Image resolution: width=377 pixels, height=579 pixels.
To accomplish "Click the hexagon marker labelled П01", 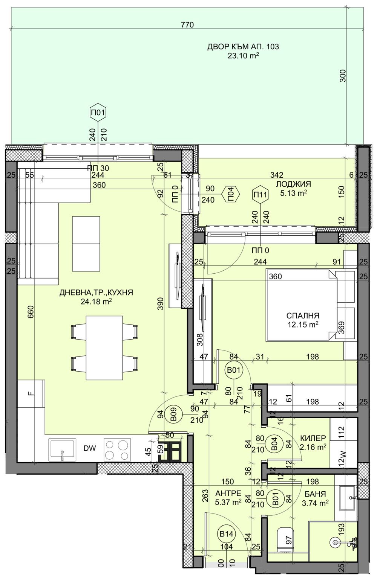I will (98, 112).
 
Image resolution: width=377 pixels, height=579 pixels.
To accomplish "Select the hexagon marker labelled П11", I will (261, 194).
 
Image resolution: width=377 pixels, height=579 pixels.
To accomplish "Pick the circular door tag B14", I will (226, 534).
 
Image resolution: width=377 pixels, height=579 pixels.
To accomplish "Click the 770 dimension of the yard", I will (187, 25).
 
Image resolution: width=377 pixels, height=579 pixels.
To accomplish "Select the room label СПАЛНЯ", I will (303, 315).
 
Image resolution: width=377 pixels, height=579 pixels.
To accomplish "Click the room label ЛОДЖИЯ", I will (293, 184).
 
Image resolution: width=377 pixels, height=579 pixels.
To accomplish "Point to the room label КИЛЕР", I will (313, 438).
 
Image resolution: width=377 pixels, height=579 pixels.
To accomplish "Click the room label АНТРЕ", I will (228, 493).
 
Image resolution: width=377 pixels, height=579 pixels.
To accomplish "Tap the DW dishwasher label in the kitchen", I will (90, 448).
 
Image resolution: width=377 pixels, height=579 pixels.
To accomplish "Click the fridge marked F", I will (31, 394).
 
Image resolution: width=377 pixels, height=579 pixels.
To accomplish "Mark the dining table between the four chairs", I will (104, 348).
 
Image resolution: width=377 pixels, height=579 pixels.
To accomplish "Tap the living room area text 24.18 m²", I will (96, 301).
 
